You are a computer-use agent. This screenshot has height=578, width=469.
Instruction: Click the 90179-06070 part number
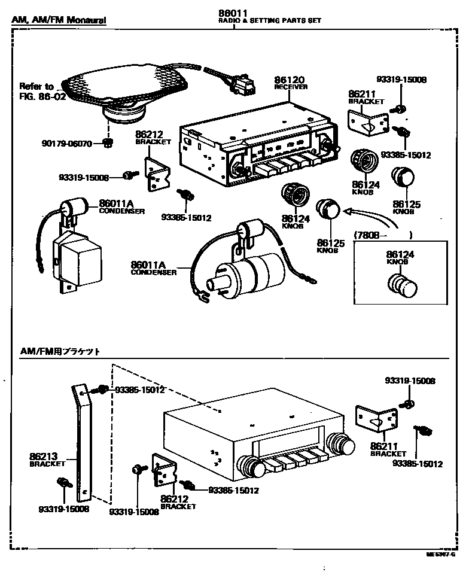pos(66,143)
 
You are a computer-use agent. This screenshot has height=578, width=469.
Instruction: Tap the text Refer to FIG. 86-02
pos(41,91)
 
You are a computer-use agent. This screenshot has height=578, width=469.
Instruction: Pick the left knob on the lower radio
pos(251,466)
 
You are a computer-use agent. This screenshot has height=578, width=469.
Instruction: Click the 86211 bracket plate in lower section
pos(376,421)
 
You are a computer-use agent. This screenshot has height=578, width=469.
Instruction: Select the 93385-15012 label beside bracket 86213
pos(139,390)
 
